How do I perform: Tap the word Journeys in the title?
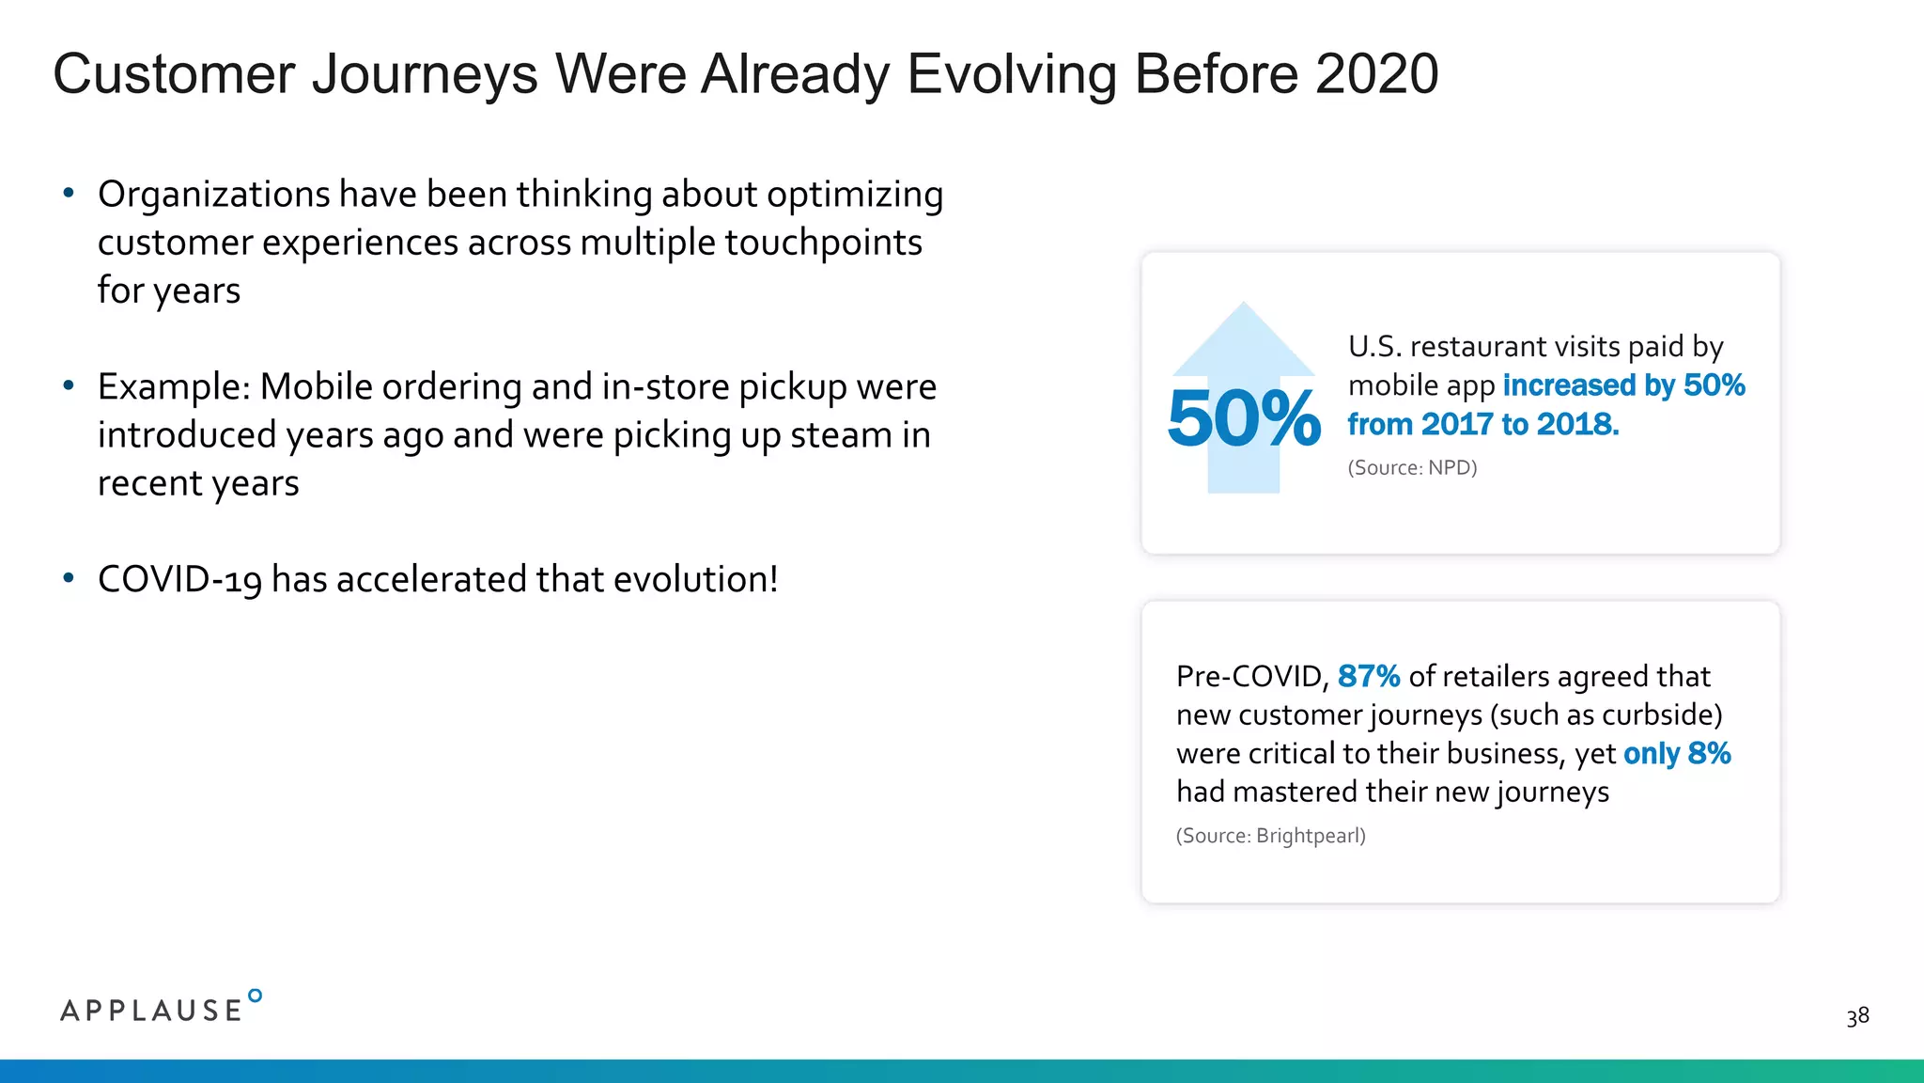point(425,74)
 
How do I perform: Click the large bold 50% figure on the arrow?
point(1243,418)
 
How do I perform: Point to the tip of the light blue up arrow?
point(1244,306)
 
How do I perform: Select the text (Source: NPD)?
point(1412,468)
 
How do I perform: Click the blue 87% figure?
point(1368,676)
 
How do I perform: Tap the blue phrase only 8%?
point(1676,754)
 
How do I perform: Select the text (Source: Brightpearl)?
point(1270,836)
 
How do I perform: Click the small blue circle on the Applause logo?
point(255,996)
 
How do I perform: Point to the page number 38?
point(1857,1016)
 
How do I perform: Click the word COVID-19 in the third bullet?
point(179,580)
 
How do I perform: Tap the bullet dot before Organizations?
point(68,194)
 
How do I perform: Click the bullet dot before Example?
point(68,386)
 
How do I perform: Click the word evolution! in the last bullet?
point(695,580)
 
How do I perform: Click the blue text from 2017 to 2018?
point(1482,425)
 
